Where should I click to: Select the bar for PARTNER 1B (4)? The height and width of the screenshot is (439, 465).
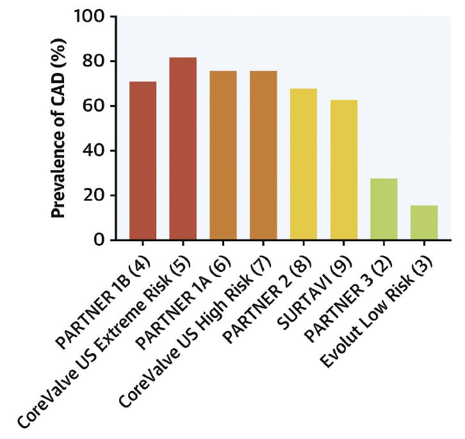[x=143, y=161]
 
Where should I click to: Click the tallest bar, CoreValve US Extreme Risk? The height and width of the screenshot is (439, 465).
[x=183, y=148]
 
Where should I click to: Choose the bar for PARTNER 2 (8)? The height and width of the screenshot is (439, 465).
[x=304, y=164]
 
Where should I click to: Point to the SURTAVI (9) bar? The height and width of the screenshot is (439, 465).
[x=344, y=170]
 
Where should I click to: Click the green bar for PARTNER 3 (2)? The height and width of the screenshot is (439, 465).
[x=384, y=209]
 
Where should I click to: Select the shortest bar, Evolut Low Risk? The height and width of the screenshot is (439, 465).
[x=424, y=223]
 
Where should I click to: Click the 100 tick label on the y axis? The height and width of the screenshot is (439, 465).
[x=92, y=16]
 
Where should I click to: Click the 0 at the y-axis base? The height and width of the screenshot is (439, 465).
[x=103, y=241]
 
